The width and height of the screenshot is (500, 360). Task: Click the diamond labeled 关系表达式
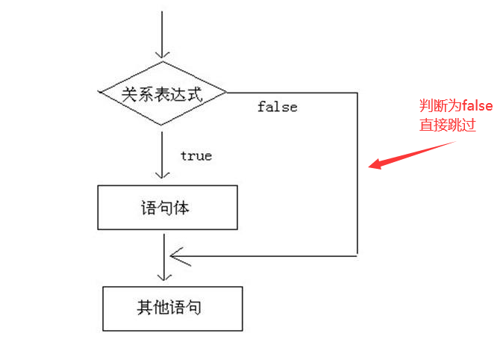[x=163, y=93]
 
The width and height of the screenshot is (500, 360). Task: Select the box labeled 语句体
[x=167, y=208]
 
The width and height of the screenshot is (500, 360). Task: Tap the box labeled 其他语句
[x=172, y=308]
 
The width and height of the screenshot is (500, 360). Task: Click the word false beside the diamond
[x=277, y=107]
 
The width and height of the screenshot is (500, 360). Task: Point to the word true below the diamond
[x=196, y=155]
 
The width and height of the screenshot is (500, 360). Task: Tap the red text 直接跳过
[x=447, y=125]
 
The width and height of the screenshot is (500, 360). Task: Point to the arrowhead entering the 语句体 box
[x=162, y=178]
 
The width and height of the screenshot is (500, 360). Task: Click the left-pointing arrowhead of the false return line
[x=176, y=255]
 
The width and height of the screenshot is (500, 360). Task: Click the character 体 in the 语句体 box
[x=181, y=208]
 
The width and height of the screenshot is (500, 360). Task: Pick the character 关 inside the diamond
[x=130, y=94]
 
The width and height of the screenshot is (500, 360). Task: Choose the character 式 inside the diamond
[x=196, y=94]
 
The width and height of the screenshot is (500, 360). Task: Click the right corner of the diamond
[x=225, y=93]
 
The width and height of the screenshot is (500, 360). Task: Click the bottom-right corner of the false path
[x=357, y=255]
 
